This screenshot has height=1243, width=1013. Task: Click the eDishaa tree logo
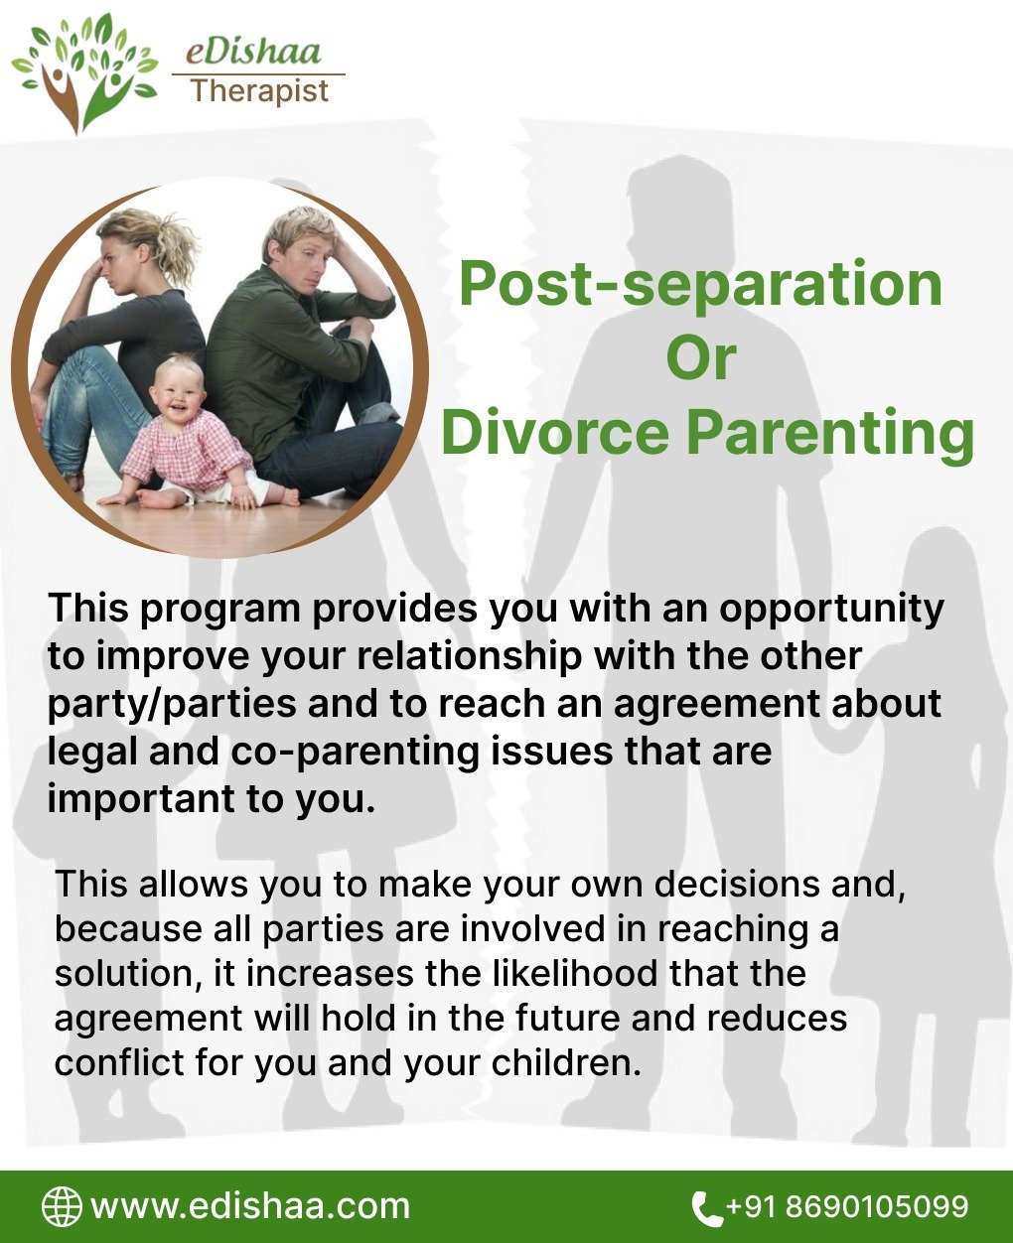84,72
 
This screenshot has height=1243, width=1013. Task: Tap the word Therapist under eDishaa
260,91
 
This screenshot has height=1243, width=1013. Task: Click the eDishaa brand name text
253,52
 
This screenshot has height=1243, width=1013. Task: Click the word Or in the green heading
701,357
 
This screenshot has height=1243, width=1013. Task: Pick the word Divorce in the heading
555,433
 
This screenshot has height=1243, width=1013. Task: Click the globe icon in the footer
62,1207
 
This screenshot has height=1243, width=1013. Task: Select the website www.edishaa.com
250,1207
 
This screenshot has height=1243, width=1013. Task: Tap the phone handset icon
707,1208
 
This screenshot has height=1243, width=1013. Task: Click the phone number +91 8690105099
847,1206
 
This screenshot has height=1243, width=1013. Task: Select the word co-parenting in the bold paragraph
354,754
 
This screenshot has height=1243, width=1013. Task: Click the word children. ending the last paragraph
566,1062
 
